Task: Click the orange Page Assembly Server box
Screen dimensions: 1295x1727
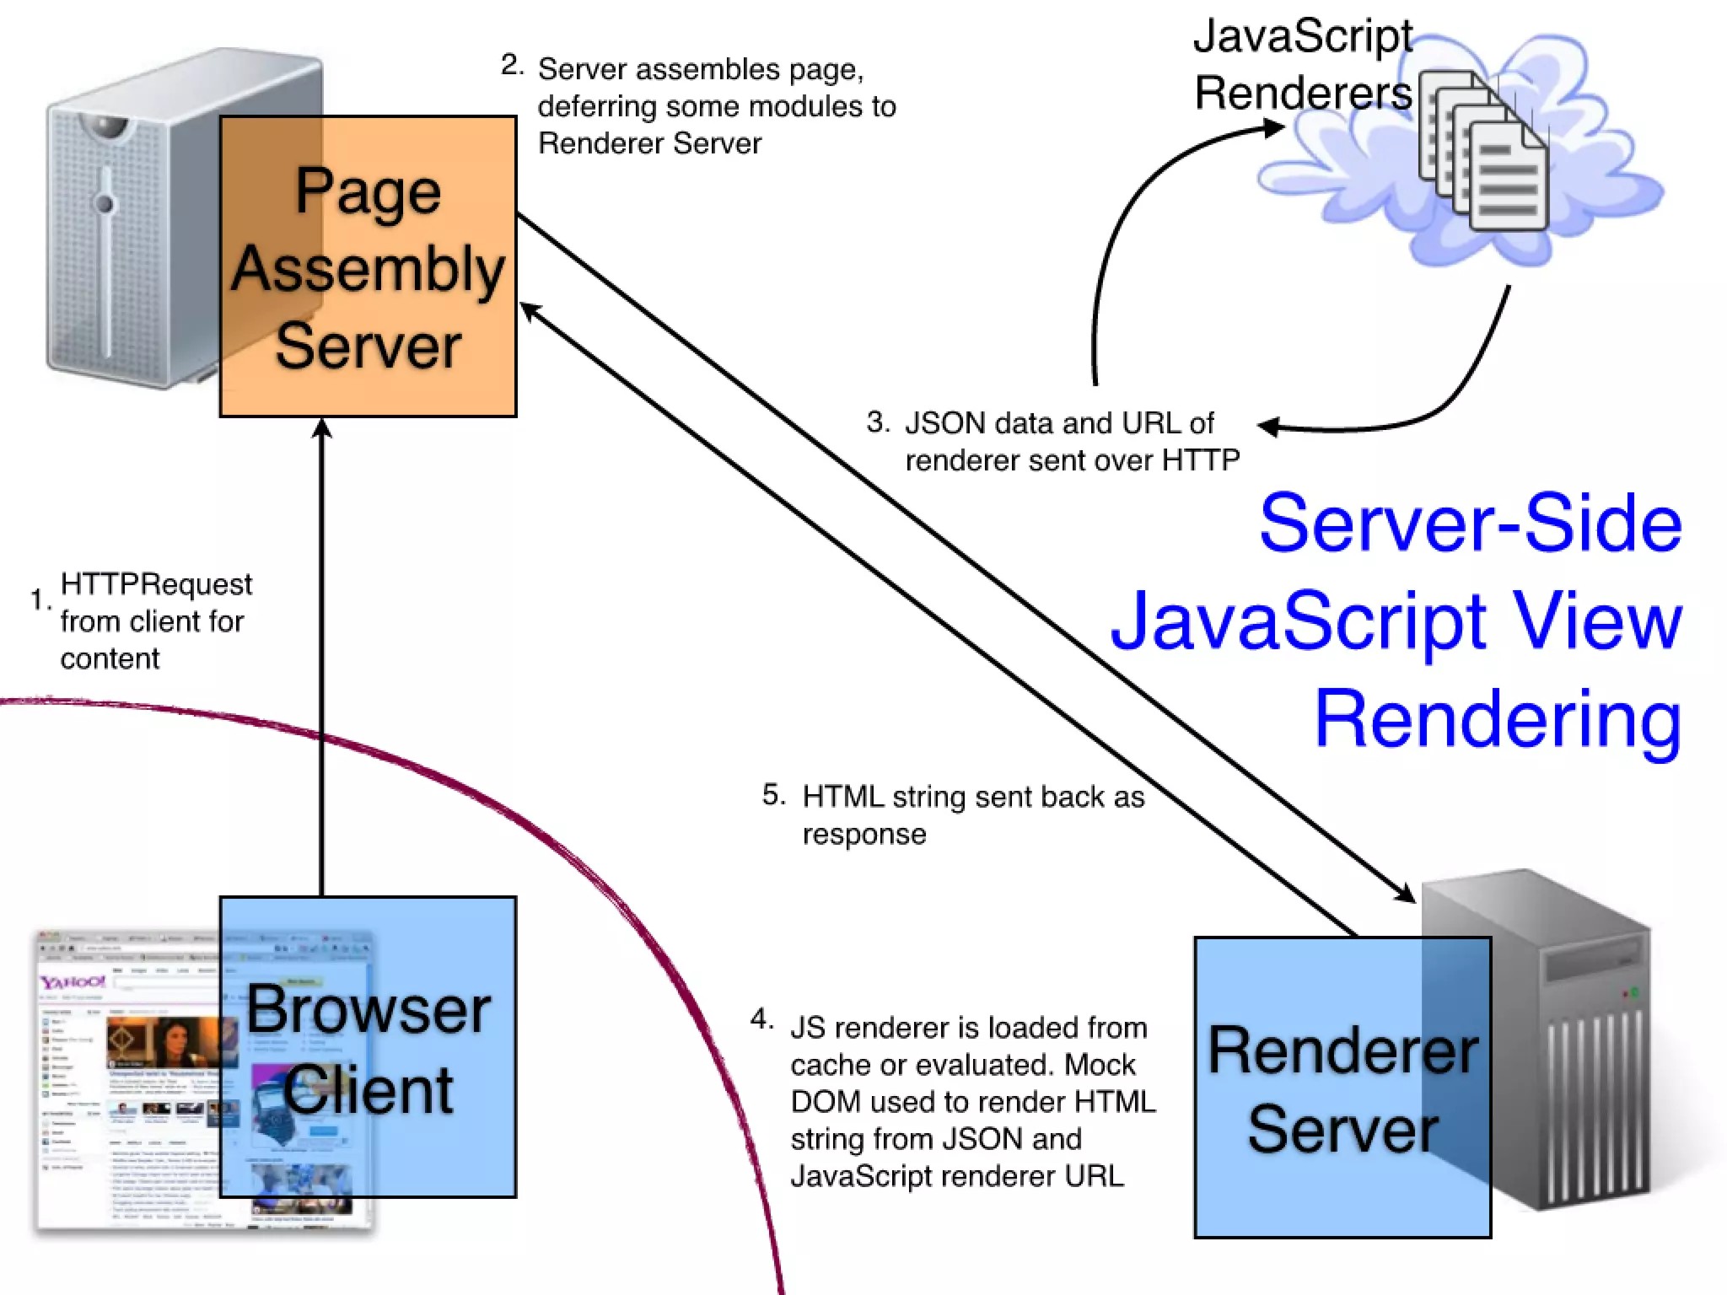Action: click(368, 266)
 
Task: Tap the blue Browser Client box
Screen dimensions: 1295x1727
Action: click(368, 1047)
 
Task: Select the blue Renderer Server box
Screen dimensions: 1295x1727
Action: click(1342, 1088)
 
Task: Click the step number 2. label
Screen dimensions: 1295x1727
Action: click(512, 65)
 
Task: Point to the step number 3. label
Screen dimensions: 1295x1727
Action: click(878, 422)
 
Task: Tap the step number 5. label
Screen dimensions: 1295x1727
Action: click(773, 794)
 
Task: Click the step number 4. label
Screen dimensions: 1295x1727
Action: click(761, 1019)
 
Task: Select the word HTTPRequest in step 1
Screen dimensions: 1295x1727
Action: click(156, 583)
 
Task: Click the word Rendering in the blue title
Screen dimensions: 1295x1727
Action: click(1498, 718)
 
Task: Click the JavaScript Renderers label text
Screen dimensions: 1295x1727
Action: click(1303, 65)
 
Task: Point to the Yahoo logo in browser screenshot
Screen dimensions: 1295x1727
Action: click(73, 982)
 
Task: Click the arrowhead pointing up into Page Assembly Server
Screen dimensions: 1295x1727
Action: click(322, 427)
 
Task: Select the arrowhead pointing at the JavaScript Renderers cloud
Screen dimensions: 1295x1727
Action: click(1273, 128)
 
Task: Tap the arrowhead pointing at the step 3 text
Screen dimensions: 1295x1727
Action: click(1267, 427)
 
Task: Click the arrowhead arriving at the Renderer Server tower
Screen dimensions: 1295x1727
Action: click(1405, 893)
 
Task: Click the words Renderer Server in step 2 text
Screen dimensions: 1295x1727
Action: click(649, 143)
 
